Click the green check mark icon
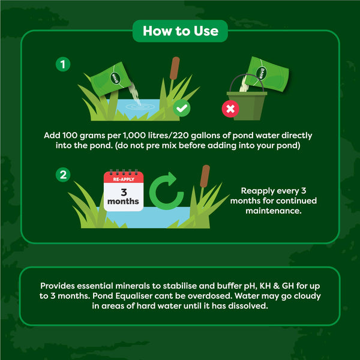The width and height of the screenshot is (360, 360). click(181, 109)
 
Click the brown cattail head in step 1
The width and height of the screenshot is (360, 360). click(175, 68)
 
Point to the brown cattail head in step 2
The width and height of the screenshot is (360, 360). click(206, 176)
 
